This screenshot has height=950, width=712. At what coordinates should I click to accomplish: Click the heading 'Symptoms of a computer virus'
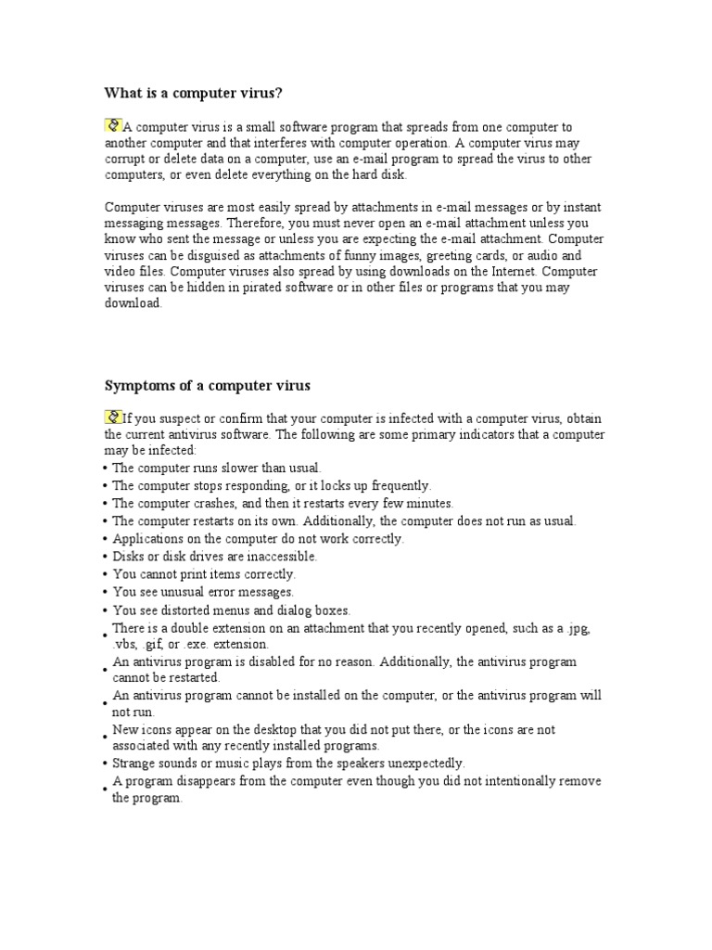coord(207,384)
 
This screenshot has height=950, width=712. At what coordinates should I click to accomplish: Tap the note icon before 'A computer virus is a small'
coord(113,125)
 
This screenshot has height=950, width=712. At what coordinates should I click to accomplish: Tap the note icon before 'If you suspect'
coord(113,417)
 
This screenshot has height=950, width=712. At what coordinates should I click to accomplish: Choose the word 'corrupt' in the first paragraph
coord(125,160)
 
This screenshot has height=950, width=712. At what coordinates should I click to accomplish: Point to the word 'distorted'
coord(188,610)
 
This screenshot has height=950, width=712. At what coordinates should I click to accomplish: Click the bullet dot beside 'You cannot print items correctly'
coord(107,574)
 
